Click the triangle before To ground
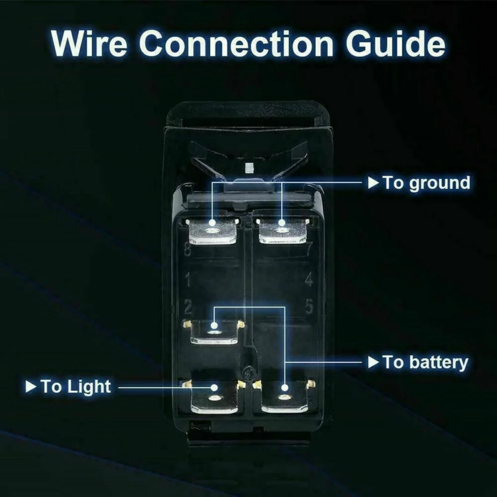click(373, 182)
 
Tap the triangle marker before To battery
click(373, 362)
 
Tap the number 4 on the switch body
click(309, 280)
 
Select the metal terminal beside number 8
click(213, 232)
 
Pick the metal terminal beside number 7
click(283, 232)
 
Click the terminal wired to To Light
click(214, 398)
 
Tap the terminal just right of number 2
click(214, 332)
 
